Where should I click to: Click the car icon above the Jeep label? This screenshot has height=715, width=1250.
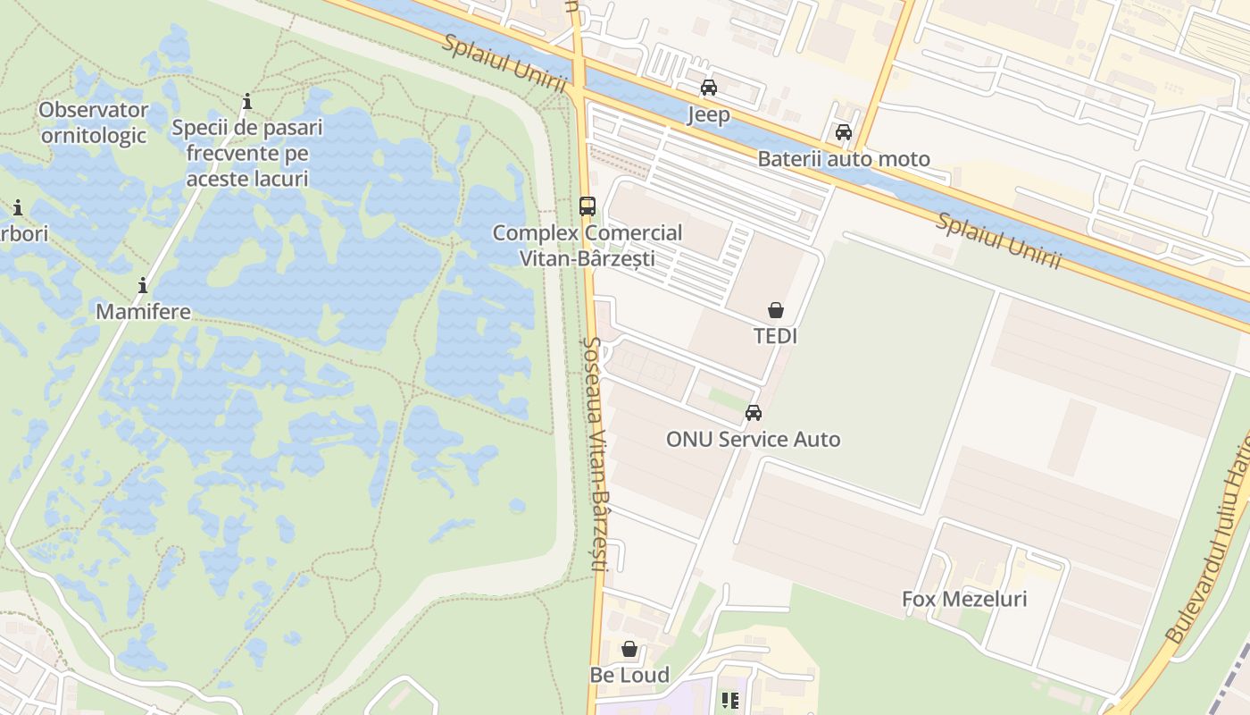coord(708,88)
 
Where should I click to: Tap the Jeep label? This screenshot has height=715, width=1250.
coord(708,114)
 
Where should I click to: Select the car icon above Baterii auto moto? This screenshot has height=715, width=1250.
coord(843,133)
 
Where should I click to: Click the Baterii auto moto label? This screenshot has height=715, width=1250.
coord(843,159)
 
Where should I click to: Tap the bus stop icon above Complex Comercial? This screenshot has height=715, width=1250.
coord(587,206)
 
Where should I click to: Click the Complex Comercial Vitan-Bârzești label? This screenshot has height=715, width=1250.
coord(587,246)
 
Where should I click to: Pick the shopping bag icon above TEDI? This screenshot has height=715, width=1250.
coord(775,310)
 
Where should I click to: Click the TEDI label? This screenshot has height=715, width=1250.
coord(775,336)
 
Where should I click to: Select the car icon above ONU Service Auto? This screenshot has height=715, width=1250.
coord(753,413)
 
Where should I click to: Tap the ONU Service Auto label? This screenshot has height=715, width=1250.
coord(753,439)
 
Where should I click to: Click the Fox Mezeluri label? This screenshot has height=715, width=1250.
coord(964,598)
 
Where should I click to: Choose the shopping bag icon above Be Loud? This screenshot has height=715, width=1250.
coord(629,649)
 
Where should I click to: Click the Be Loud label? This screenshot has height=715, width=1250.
coord(629,675)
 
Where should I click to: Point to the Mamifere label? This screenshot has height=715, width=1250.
coord(143,312)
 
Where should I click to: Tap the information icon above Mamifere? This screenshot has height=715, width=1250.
coord(143,286)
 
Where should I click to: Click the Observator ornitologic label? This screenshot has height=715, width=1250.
coord(94,122)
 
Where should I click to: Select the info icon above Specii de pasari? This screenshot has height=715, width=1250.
coord(247,101)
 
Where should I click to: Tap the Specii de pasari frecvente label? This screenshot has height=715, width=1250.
coord(247,153)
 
